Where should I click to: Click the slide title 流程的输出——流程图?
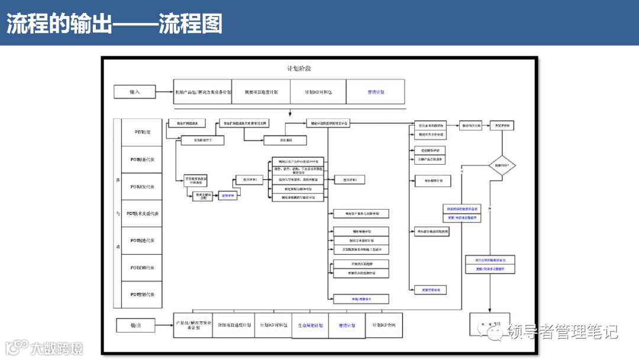point(114,24)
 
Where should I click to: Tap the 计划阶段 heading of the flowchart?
point(299,68)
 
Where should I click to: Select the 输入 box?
point(135,92)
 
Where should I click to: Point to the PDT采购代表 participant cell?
point(142,268)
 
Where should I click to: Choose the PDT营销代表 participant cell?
point(142,294)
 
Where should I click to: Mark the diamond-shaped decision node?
point(502,165)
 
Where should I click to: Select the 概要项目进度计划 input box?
point(261,92)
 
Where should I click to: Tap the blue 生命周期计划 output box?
point(310,326)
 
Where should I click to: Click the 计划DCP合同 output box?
point(384,326)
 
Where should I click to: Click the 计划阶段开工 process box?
point(194,140)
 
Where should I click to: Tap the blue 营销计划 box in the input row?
point(376,92)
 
